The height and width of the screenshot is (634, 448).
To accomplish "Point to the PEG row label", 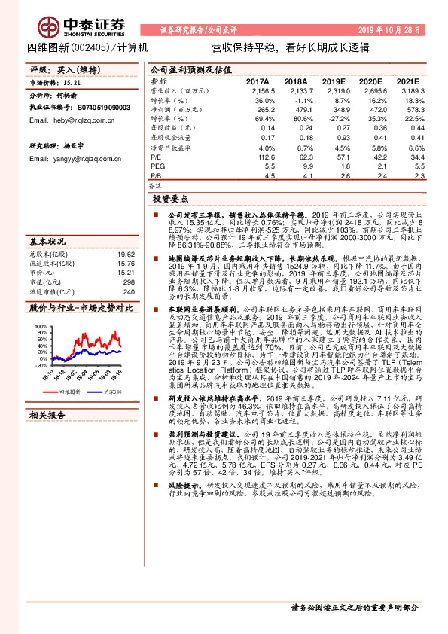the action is [x=157, y=166].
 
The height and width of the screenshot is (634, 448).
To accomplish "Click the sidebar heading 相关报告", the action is [x=48, y=414].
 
